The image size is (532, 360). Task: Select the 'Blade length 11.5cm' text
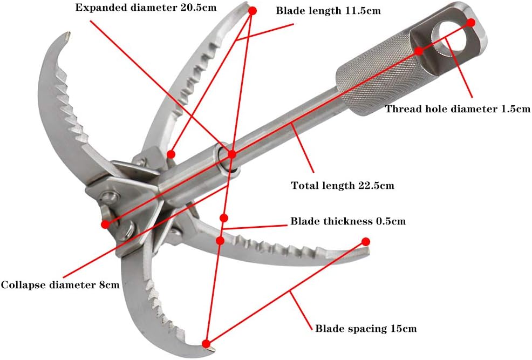click(x=329, y=10)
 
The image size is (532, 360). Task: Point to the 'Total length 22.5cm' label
click(x=343, y=186)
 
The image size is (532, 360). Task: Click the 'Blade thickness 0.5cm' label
click(x=348, y=221)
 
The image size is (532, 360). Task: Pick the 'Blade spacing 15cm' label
click(x=366, y=328)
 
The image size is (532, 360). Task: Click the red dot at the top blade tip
click(x=253, y=10)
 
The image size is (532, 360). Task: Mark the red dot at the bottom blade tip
click(x=206, y=343)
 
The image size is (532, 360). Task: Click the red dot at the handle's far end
click(x=470, y=23)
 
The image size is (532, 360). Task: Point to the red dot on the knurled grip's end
click(x=419, y=51)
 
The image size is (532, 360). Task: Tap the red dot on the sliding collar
click(x=232, y=154)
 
